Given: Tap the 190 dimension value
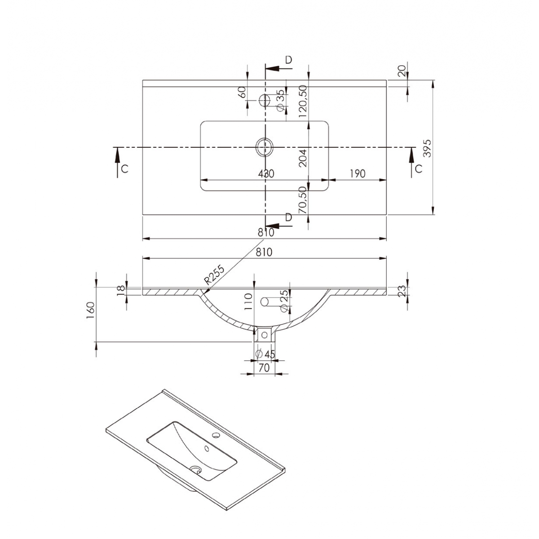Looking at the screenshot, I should (x=357, y=173).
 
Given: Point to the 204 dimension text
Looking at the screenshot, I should (x=302, y=158).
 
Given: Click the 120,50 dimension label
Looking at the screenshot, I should (x=302, y=101).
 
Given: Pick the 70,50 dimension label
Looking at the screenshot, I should (x=302, y=199).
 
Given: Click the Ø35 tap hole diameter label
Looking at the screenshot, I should (x=280, y=100).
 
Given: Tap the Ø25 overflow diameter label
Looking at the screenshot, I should (x=283, y=301).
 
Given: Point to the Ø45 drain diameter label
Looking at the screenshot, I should (x=265, y=354).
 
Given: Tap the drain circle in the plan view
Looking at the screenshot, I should (x=264, y=147).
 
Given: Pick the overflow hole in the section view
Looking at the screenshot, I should (x=265, y=301).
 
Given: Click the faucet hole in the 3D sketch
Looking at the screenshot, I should (x=216, y=435).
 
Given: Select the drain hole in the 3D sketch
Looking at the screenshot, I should (x=196, y=469).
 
